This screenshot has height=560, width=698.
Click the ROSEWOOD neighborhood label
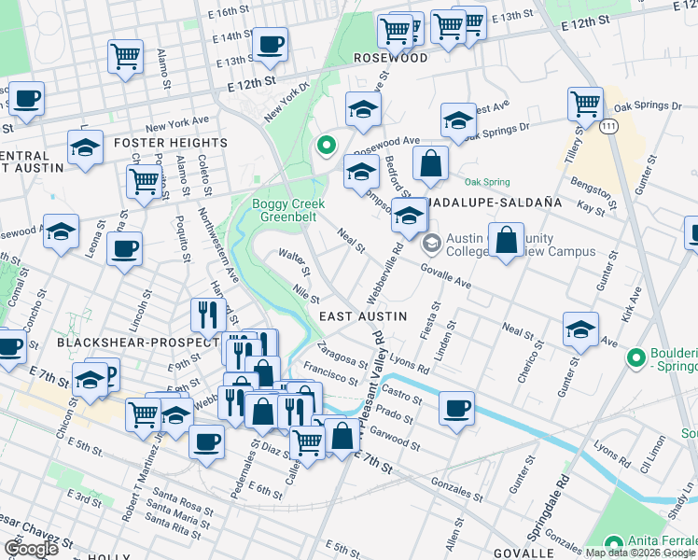(391, 58)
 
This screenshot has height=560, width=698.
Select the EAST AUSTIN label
(363, 316)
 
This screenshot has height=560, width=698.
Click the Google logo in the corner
(30, 549)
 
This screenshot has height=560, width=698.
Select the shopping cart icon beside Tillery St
(585, 103)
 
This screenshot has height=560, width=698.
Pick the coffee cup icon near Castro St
(456, 408)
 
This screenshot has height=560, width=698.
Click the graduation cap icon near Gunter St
(580, 329)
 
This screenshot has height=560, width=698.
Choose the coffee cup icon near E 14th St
(271, 43)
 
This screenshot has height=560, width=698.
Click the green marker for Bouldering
(636, 357)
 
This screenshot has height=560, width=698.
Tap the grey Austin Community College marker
(430, 245)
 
